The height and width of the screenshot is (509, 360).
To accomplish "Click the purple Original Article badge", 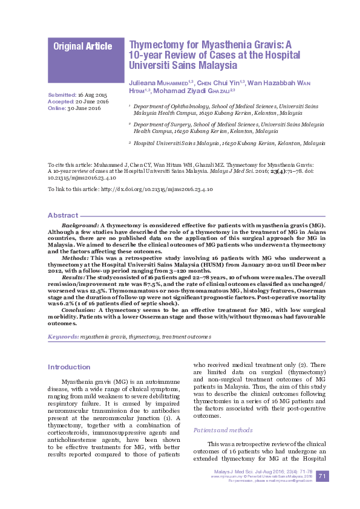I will pyautogui.click(x=82, y=47).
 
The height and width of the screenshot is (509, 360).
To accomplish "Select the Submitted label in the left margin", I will pyautogui.click(x=62, y=96).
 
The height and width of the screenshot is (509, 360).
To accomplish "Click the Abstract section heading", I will pyautogui.click(x=63, y=215).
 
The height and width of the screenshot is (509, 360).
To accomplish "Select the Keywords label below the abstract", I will pyautogui.click(x=63, y=336).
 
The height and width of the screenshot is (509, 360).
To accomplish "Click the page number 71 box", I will pyautogui.click(x=322, y=477).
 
